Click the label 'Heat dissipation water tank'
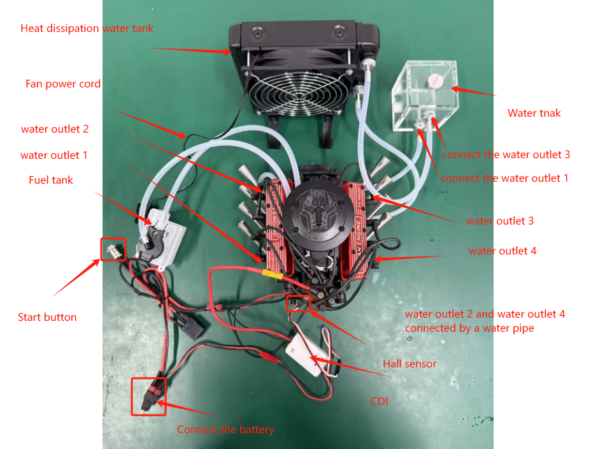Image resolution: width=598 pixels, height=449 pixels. point(87,28)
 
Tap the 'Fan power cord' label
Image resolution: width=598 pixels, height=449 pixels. point(63,84)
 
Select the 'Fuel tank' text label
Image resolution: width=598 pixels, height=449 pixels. point(51,180)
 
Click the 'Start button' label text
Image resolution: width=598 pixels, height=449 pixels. point(47,317)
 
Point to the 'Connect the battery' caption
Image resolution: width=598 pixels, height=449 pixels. point(225,429)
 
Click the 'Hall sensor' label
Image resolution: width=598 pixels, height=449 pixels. point(409,364)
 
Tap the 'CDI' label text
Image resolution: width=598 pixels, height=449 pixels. point(380,402)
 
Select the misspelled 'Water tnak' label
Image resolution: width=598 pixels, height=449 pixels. point(534,114)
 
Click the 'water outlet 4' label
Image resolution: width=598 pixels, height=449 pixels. point(502,251)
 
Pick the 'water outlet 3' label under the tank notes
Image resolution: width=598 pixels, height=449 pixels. point(500,221)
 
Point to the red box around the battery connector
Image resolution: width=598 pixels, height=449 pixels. point(148,396)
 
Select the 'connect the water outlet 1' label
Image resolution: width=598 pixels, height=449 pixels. point(504,178)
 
